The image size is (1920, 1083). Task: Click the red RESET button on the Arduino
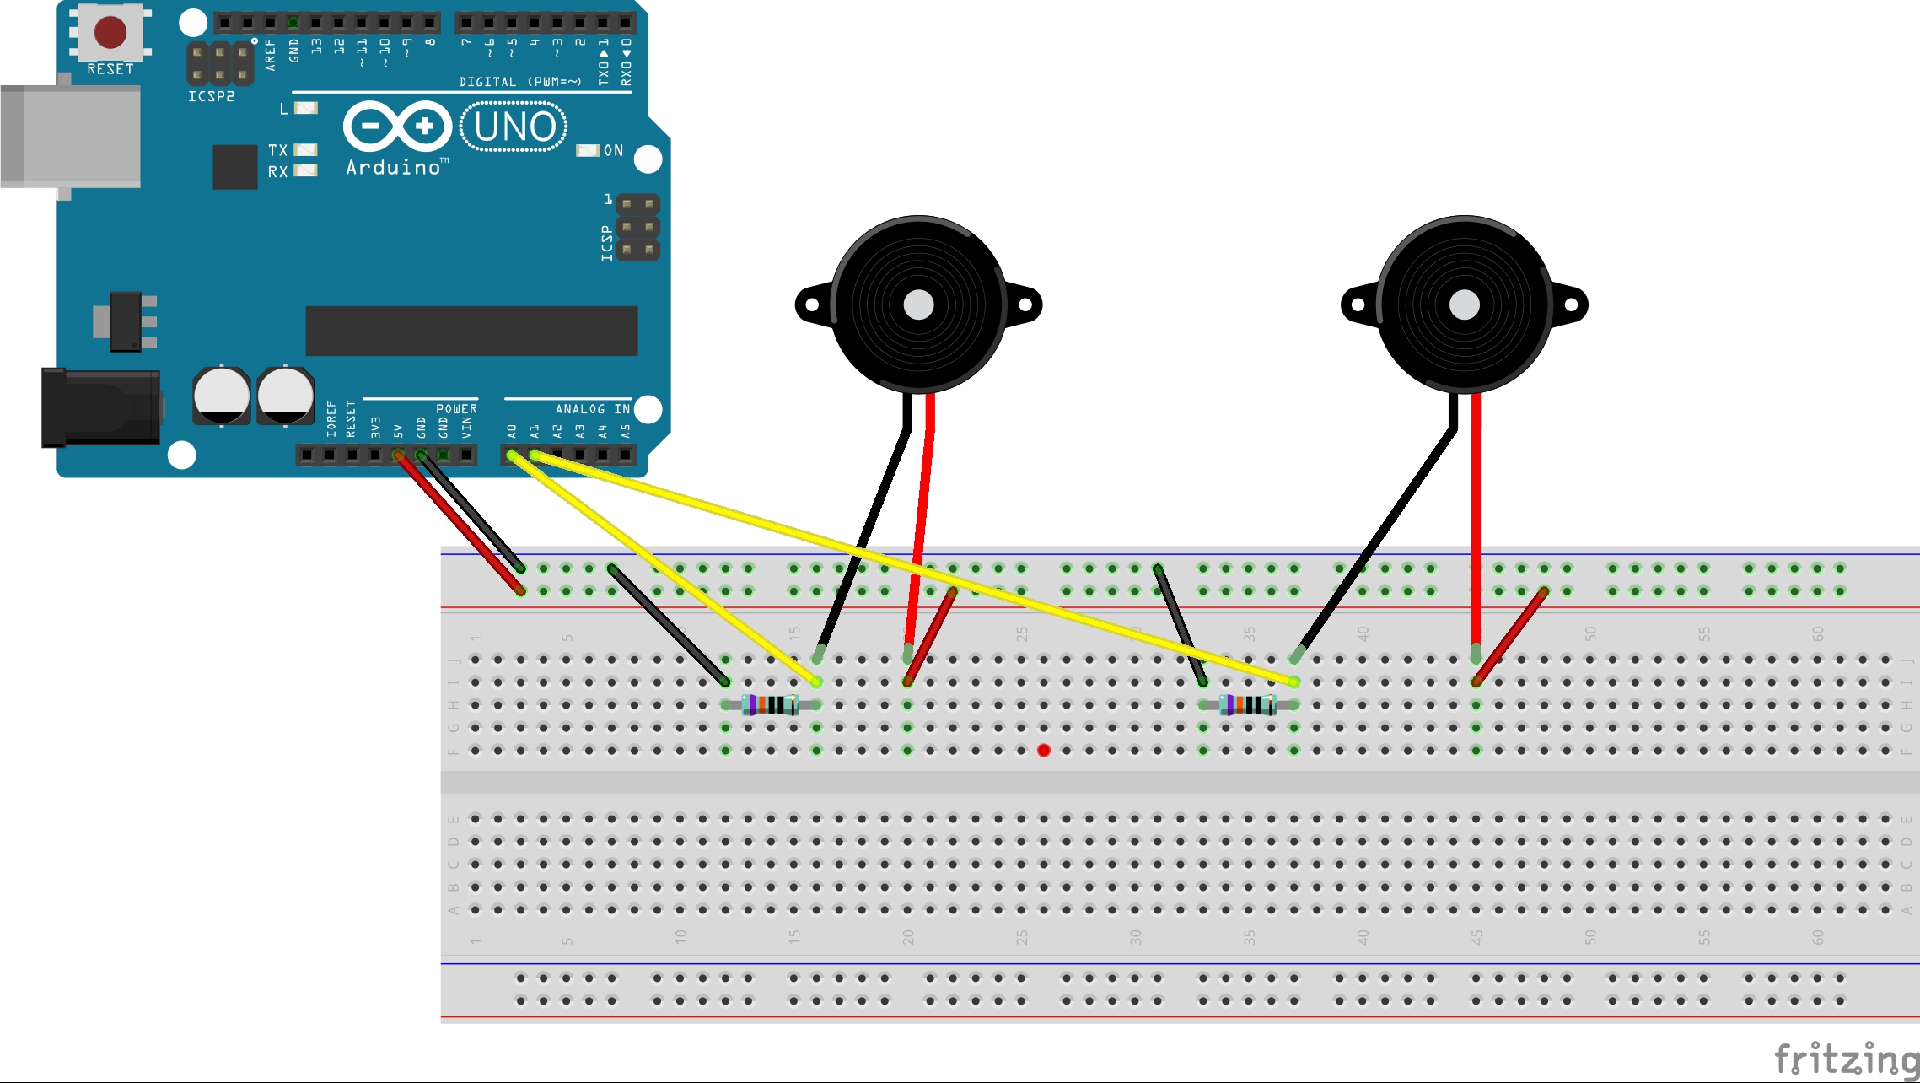(110, 32)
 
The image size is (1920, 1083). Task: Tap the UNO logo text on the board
(514, 127)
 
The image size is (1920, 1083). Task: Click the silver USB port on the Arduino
(71, 136)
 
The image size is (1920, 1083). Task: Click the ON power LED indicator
(587, 150)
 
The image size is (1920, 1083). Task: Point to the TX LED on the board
(306, 150)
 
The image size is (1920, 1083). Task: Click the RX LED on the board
(306, 171)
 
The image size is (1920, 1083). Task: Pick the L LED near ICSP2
(306, 108)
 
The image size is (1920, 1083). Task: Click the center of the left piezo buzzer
(918, 304)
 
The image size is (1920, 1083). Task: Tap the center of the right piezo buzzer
(1464, 304)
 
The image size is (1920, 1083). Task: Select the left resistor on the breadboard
(771, 704)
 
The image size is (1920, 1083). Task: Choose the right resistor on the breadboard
(1248, 704)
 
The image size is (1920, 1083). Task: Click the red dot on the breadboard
(1044, 750)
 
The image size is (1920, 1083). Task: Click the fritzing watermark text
(1845, 1059)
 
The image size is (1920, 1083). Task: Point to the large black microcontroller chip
(471, 331)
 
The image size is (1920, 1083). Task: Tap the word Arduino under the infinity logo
(393, 168)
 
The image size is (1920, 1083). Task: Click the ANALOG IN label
(592, 409)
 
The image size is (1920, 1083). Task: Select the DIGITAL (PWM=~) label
(519, 82)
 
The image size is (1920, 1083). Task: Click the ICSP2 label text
(211, 97)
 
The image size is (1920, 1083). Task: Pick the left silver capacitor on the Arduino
(221, 395)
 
